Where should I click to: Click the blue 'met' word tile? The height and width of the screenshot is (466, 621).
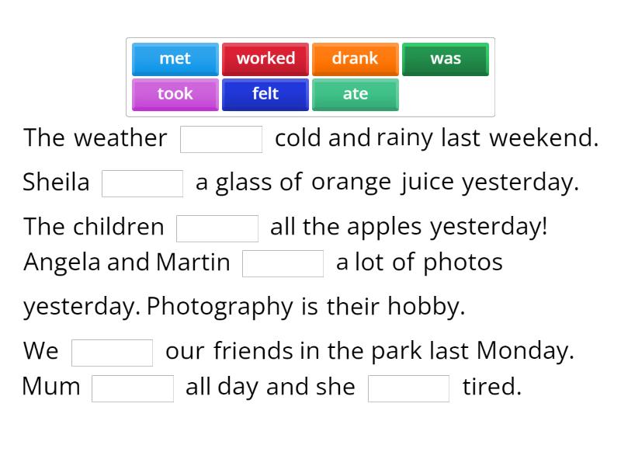click(x=175, y=59)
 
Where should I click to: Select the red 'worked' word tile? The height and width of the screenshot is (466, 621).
click(x=265, y=59)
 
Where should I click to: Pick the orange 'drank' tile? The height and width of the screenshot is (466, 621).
click(x=355, y=59)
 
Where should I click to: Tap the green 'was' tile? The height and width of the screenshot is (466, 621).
click(x=446, y=59)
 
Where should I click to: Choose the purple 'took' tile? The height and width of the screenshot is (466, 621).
click(x=175, y=94)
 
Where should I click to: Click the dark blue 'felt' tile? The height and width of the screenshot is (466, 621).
click(x=265, y=94)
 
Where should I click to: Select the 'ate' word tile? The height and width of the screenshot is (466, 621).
click(x=355, y=94)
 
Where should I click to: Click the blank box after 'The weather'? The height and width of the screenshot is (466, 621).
click(x=221, y=140)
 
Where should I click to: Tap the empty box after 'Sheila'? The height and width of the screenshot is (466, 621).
click(x=142, y=184)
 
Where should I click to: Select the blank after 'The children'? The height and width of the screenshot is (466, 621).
click(x=217, y=228)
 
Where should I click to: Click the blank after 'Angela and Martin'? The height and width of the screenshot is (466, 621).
click(x=283, y=263)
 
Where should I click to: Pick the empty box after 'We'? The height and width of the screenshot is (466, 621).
click(x=112, y=353)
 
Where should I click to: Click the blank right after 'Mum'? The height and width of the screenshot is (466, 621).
click(x=132, y=388)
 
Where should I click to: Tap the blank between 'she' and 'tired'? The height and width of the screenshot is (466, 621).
click(x=408, y=388)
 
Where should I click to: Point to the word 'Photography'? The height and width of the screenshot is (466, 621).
click(x=220, y=306)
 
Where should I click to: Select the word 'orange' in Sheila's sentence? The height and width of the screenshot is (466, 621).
click(x=351, y=183)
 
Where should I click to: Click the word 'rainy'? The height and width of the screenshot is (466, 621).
click(x=404, y=138)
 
